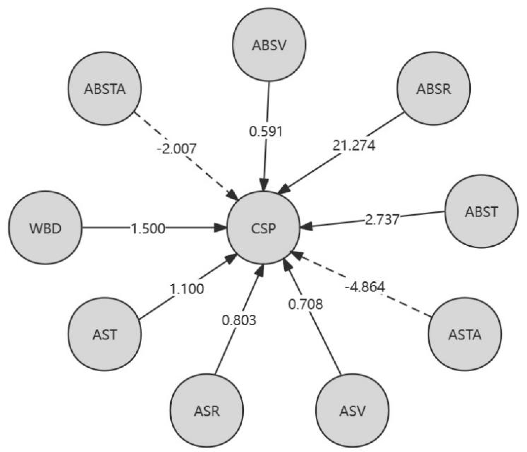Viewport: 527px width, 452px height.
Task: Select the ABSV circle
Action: click(269, 45)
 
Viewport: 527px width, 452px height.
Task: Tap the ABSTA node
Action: click(105, 89)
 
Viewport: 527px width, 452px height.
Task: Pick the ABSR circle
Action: click(433, 89)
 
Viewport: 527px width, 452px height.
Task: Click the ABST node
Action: click(482, 211)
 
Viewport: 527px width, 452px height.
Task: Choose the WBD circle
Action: click(45, 228)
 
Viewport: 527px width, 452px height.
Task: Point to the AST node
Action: click(105, 334)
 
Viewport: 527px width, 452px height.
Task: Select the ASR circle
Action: click(207, 411)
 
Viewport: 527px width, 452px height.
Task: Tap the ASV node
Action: click(352, 411)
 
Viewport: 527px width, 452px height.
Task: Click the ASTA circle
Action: click(465, 334)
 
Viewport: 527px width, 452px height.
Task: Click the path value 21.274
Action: click(354, 146)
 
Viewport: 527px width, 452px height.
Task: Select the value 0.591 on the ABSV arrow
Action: click(266, 131)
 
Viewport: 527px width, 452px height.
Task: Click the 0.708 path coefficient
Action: click(306, 304)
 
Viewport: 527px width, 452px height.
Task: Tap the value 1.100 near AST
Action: click(187, 289)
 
